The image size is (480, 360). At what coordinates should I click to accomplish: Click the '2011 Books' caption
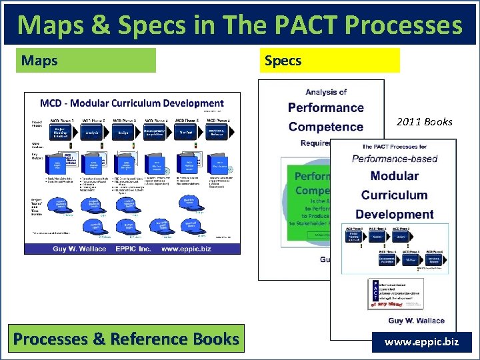click(424, 121)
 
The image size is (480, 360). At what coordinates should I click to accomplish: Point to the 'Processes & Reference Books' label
click(126, 339)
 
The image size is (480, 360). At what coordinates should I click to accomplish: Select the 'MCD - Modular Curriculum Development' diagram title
click(132, 104)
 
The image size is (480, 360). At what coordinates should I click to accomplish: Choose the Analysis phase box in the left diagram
click(93, 133)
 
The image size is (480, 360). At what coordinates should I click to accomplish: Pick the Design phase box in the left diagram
click(124, 133)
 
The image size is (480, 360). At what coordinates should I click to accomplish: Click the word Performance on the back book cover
click(325, 108)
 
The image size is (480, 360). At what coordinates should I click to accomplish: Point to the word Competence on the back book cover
click(325, 127)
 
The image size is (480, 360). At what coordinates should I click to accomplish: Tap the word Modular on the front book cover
click(394, 176)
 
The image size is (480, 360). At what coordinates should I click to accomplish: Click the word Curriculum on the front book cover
click(394, 195)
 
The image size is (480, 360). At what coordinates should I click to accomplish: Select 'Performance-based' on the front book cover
click(394, 159)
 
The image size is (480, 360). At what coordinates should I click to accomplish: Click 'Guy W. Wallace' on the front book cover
click(397, 320)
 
